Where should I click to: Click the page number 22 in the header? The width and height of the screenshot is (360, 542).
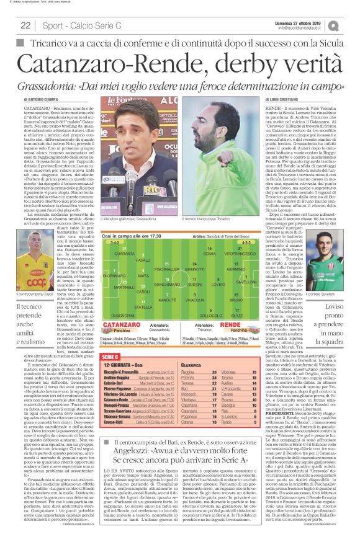(26, 25)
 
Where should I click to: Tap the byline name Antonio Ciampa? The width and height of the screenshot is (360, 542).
(44, 99)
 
